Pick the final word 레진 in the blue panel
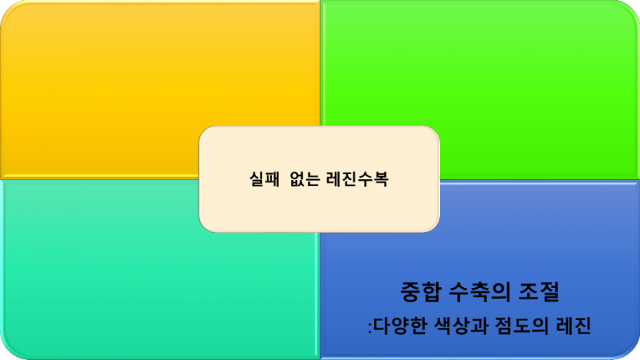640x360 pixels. [573, 327]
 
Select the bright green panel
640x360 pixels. [498, 69]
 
